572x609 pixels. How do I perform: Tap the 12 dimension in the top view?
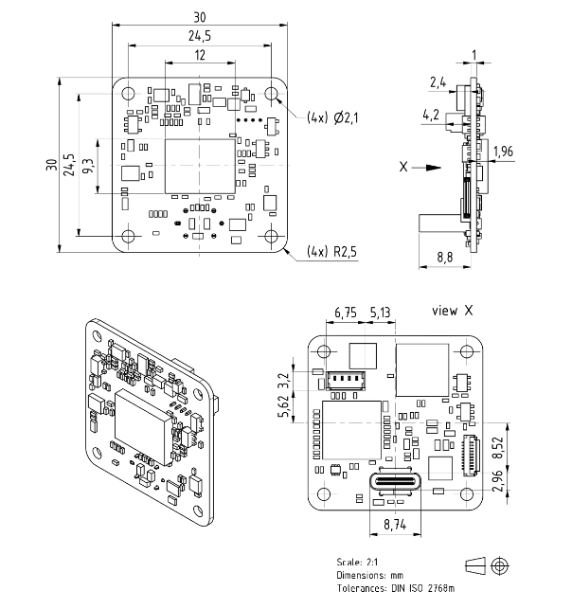pyautogui.click(x=200, y=56)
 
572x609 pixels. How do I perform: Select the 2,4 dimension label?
pyautogui.click(x=438, y=83)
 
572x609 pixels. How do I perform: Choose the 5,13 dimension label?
pyautogui.click(x=380, y=312)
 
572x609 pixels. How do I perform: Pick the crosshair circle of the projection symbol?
pyautogui.click(x=500, y=565)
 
